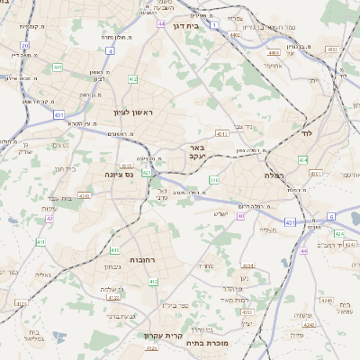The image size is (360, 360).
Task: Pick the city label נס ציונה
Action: [x=118, y=174]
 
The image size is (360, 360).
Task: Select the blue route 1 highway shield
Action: [x=214, y=25]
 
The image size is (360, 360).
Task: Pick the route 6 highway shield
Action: [x=330, y=217]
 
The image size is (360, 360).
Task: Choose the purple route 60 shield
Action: [x=240, y=216]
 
